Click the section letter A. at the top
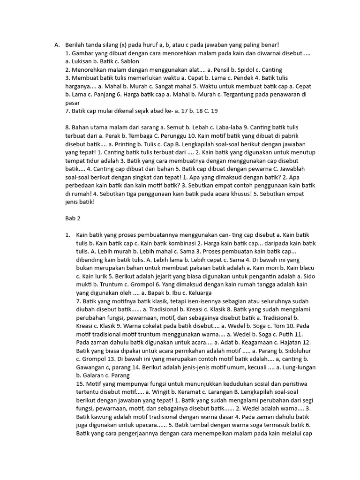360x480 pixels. [57, 45]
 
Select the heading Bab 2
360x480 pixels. [73, 218]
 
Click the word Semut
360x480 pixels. [177, 127]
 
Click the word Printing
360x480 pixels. [122, 144]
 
